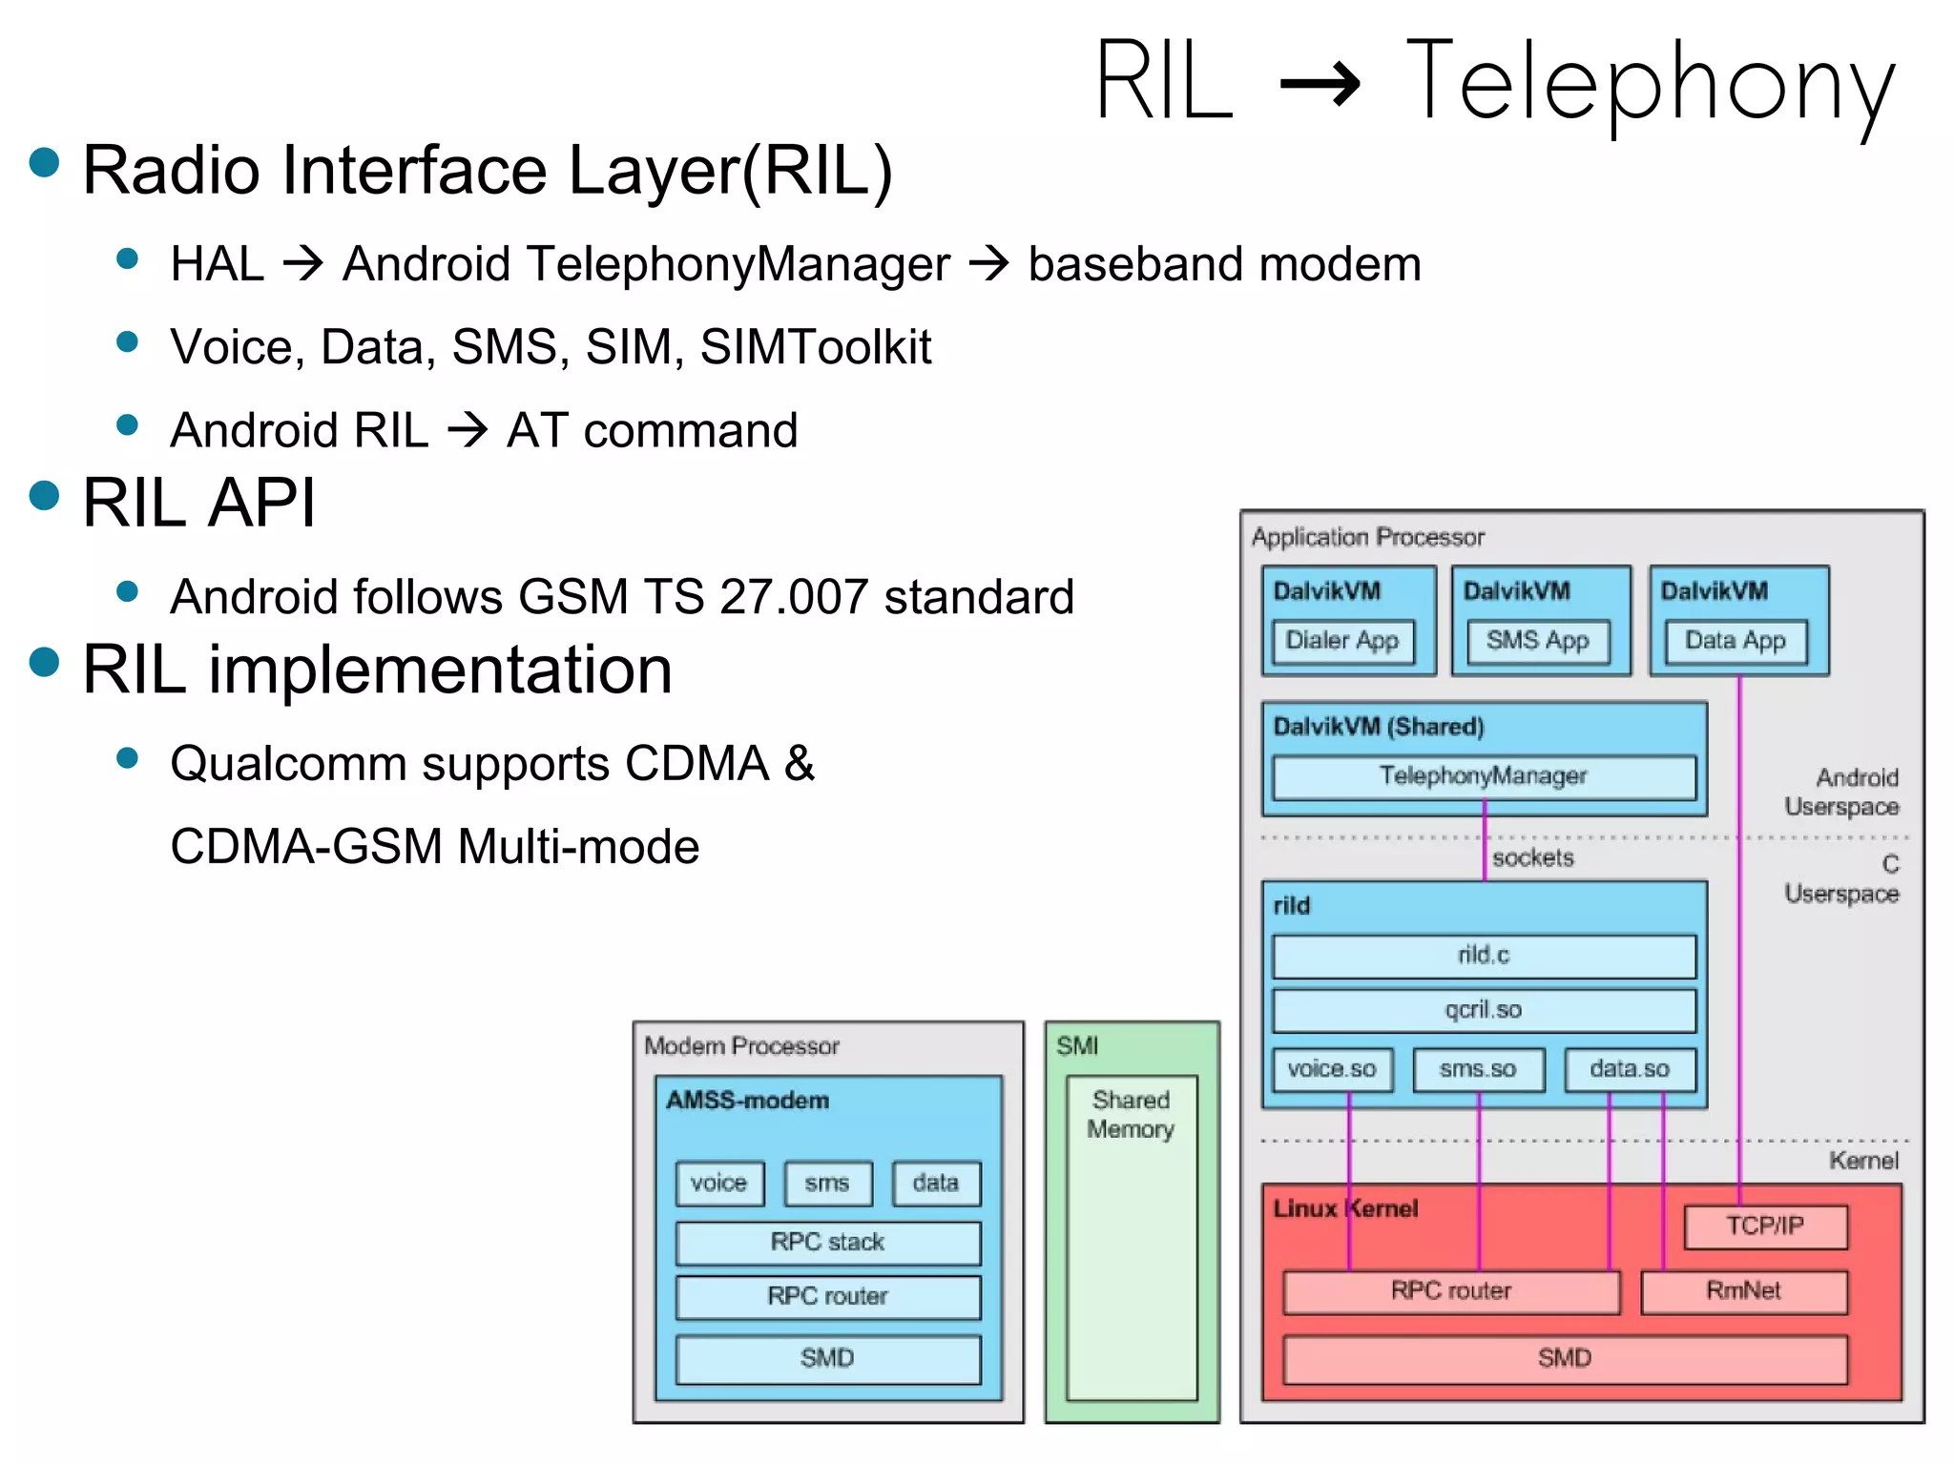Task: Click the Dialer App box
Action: [1341, 641]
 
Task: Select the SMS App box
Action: [1537, 641]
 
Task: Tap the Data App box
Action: [1735, 641]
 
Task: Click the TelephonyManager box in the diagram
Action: [1484, 776]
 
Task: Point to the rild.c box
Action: [1484, 956]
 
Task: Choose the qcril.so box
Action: [1484, 1010]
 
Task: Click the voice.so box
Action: [1332, 1069]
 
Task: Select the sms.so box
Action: [1478, 1069]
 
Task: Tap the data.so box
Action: [1630, 1069]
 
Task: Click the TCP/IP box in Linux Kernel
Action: [1765, 1227]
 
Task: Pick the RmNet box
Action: [1743, 1291]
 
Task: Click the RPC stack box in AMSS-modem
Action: [827, 1243]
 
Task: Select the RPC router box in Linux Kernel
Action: [1450, 1291]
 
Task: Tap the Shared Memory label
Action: [1131, 1115]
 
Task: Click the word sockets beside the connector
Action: [1533, 858]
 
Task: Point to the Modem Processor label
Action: [741, 1046]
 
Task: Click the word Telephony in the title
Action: [1650, 83]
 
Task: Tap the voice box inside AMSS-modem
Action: [718, 1184]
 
